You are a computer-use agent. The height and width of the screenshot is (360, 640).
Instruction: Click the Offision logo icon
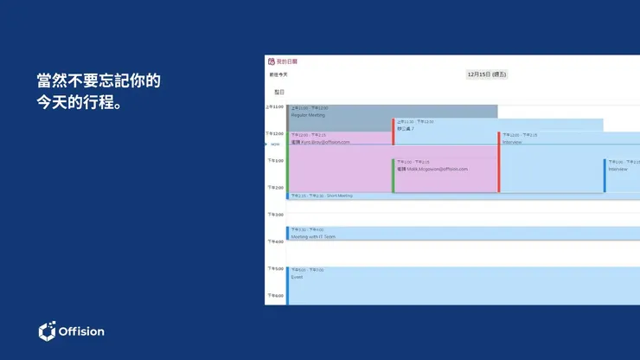(x=48, y=331)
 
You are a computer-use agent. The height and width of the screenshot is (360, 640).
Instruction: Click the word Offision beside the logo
(x=81, y=331)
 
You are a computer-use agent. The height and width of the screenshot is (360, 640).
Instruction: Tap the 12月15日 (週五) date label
(x=487, y=74)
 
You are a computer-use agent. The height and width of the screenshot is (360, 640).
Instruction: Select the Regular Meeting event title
(x=309, y=114)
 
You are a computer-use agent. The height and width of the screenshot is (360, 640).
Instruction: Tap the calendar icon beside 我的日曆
(x=272, y=61)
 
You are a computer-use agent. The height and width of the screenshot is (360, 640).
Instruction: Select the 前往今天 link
(x=278, y=74)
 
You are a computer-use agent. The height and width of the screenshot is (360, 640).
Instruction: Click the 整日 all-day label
(x=279, y=92)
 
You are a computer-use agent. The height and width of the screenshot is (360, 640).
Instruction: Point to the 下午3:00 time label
(x=275, y=215)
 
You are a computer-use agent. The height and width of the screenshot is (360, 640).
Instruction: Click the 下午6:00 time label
(x=275, y=296)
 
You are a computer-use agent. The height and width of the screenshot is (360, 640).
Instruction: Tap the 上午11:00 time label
(x=275, y=106)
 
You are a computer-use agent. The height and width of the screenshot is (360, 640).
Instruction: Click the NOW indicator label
(x=275, y=145)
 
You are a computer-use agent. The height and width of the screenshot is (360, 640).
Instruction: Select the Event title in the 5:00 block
(x=297, y=277)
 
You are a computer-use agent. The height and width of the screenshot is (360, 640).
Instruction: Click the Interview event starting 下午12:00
(x=512, y=142)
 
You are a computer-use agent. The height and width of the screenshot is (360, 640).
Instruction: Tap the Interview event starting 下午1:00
(x=618, y=169)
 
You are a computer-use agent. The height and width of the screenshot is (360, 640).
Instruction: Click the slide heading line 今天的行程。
(x=77, y=103)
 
